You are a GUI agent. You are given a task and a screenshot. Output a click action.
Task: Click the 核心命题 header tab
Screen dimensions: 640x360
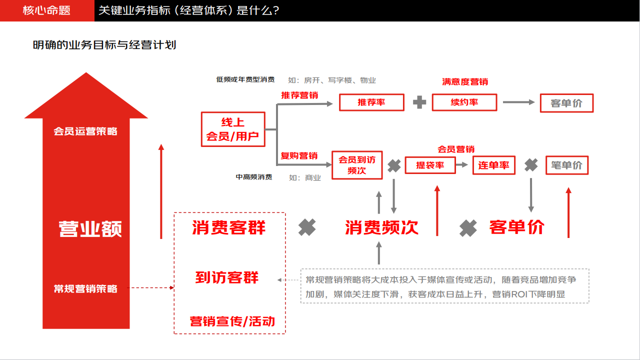[47, 10]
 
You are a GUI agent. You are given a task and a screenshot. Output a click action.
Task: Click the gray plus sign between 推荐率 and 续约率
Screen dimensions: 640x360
[419, 102]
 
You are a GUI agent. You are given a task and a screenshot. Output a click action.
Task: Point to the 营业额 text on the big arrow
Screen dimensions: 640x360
[90, 229]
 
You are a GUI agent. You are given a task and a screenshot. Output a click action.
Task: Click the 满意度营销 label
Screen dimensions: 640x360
[465, 82]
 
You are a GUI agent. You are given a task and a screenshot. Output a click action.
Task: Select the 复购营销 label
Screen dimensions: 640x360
[299, 155]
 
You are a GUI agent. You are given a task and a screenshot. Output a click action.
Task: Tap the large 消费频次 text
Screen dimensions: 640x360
[381, 227]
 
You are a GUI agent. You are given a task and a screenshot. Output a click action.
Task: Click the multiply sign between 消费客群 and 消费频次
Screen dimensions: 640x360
[307, 227]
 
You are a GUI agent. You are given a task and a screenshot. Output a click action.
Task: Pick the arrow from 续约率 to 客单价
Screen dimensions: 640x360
[518, 102]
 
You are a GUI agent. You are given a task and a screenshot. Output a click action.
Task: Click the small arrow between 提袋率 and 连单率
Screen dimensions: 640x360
[461, 164]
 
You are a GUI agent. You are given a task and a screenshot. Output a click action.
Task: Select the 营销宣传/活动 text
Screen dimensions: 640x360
[232, 321]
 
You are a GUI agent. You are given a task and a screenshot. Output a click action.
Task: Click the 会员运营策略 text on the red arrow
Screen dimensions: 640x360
[85, 131]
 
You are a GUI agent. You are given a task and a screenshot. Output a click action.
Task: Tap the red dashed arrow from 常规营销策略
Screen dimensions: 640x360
[150, 287]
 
